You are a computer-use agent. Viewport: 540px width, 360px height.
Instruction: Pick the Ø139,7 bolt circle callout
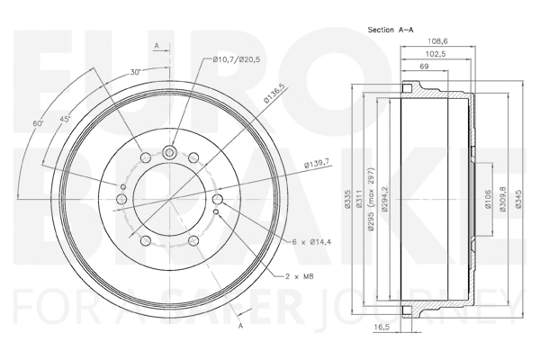click(319, 162)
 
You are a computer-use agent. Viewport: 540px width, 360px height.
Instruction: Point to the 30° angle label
click(136, 72)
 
